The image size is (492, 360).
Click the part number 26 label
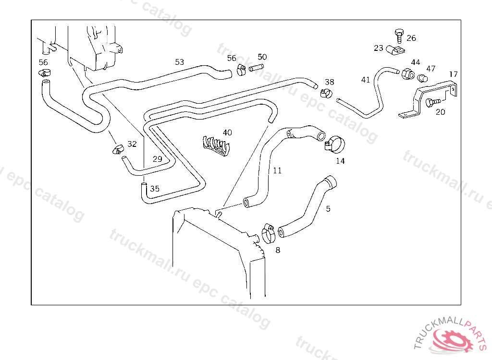[x=411, y=38]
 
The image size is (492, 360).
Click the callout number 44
[x=415, y=62]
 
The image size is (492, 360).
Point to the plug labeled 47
[x=422, y=78]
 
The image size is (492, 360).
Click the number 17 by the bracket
[x=454, y=74]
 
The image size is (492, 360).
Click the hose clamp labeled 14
[x=334, y=144]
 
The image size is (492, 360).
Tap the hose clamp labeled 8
[x=268, y=234]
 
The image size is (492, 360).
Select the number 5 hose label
[x=328, y=209]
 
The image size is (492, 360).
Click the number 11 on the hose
[x=277, y=170]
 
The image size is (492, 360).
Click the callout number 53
[x=179, y=62]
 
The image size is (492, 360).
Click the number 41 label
[x=366, y=80]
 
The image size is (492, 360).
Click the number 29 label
[x=158, y=159]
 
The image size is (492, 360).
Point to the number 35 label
[x=154, y=189]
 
